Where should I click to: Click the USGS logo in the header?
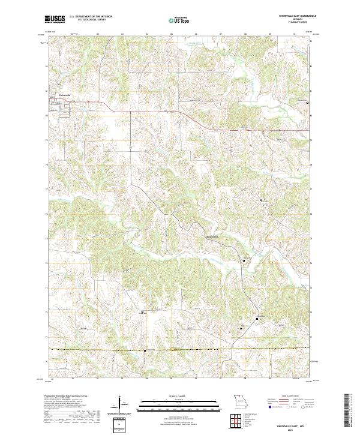[x=55, y=19]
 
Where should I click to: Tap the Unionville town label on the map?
[x=64, y=94]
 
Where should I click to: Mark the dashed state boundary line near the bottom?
[x=180, y=349]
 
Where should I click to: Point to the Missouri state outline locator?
[x=239, y=400]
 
